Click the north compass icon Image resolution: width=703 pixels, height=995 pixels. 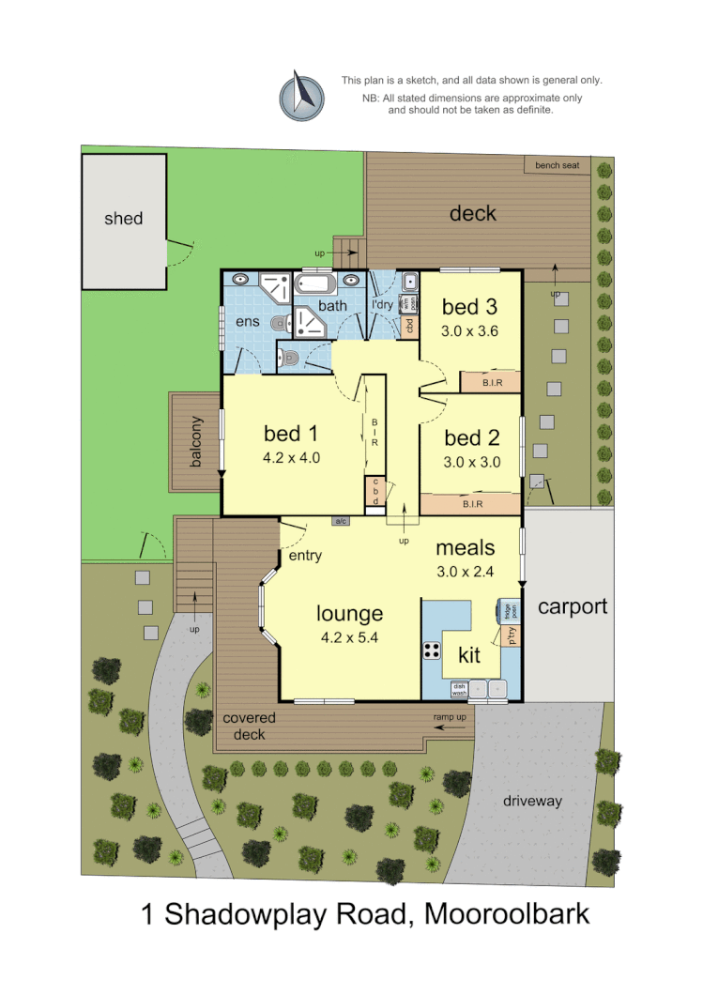pyautogui.click(x=301, y=95)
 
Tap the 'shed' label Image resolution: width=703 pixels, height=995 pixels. pyautogui.click(x=123, y=219)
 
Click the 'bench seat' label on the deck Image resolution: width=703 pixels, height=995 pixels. pyautogui.click(x=558, y=166)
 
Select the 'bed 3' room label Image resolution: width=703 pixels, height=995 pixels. pyautogui.click(x=469, y=307)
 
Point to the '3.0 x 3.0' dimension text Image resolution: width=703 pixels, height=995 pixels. pyautogui.click(x=471, y=462)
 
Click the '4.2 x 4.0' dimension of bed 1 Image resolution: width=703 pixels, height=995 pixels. pyautogui.click(x=292, y=459)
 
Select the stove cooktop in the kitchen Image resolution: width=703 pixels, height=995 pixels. pyautogui.click(x=433, y=650)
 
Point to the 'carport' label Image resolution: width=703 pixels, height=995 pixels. pyautogui.click(x=573, y=606)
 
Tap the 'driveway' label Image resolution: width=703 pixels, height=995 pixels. pyautogui.click(x=532, y=801)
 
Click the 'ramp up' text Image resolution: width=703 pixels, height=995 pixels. pyautogui.click(x=451, y=718)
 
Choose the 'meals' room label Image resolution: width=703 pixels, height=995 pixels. pyautogui.click(x=465, y=548)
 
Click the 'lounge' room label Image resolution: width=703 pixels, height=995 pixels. pyautogui.click(x=349, y=614)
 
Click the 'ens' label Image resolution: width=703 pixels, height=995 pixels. pyautogui.click(x=247, y=322)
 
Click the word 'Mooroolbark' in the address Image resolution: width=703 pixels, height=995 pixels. pyautogui.click(x=507, y=912)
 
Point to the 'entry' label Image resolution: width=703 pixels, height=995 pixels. pyautogui.click(x=305, y=556)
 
